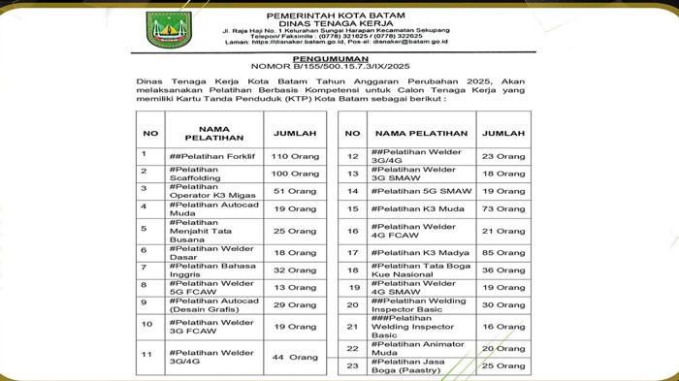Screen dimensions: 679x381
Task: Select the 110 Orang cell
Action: [x=294, y=155]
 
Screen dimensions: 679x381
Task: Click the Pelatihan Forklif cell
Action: [x=204, y=155]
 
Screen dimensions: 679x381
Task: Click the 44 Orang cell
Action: [x=294, y=357]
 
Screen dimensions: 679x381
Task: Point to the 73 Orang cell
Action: [x=502, y=208]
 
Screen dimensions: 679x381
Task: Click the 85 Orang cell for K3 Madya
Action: [x=502, y=253]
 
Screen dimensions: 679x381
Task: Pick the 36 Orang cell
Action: [x=502, y=270]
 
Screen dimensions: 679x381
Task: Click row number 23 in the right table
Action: [x=353, y=365]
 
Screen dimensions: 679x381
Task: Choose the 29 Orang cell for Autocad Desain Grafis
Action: [x=294, y=304]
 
